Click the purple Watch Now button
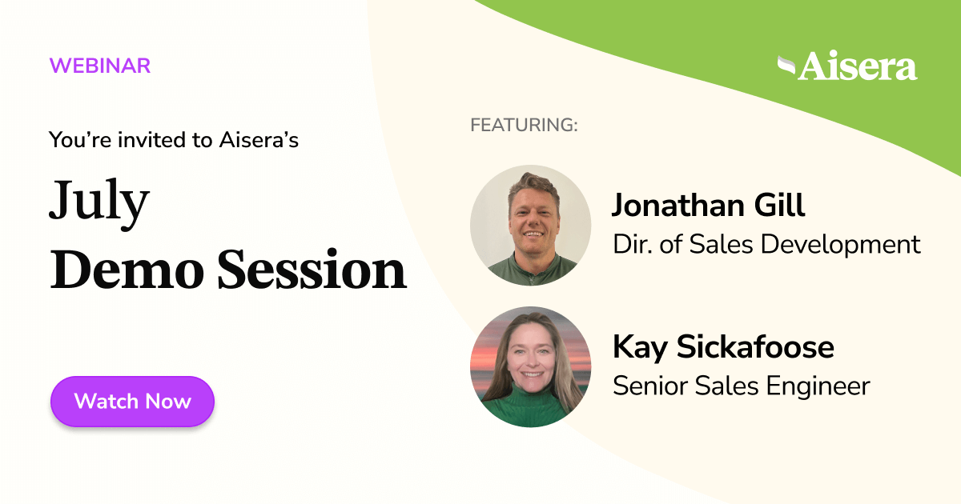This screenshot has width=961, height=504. click(x=132, y=401)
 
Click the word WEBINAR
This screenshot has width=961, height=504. click(x=100, y=66)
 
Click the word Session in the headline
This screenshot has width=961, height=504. click(x=312, y=270)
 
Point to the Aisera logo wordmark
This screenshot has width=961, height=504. click(x=857, y=67)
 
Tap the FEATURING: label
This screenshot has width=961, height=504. click(x=524, y=126)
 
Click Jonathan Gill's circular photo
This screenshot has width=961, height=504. click(x=530, y=226)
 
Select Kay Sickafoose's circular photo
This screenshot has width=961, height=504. click(x=530, y=366)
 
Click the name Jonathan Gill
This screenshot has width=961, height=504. click(x=708, y=206)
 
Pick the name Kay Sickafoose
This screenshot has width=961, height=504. click(x=723, y=347)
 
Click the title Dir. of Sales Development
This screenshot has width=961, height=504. click(x=766, y=244)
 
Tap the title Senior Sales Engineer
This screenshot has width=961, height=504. click(x=741, y=386)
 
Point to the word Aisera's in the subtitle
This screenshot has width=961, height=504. click(x=259, y=140)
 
